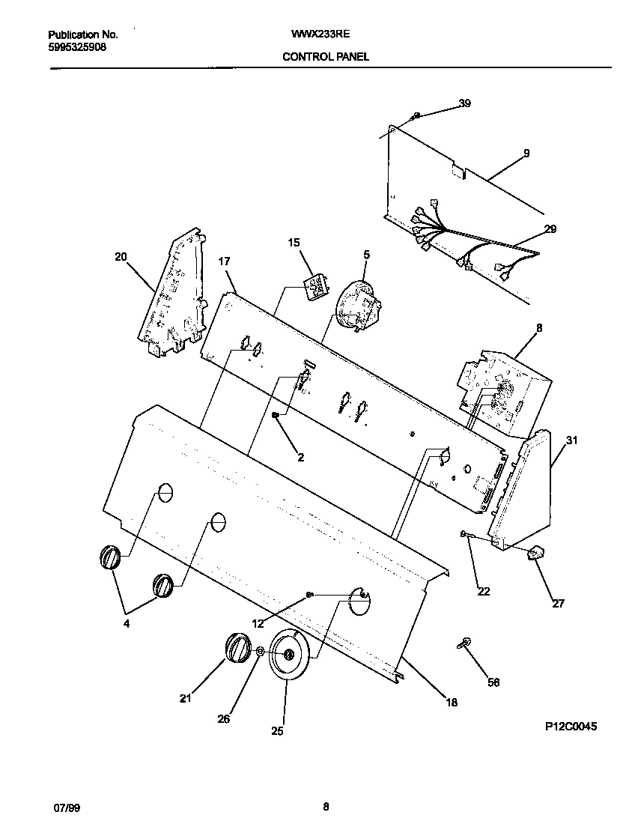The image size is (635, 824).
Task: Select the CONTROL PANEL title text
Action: (325, 56)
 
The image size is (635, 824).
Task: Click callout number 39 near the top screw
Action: (464, 104)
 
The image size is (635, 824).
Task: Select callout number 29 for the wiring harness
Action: (550, 229)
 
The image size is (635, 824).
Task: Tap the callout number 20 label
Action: (121, 257)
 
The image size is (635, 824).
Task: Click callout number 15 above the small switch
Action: (294, 242)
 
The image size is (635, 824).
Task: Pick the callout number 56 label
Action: (493, 682)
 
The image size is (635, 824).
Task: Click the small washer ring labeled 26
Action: (259, 652)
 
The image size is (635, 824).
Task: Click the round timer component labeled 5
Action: (355, 306)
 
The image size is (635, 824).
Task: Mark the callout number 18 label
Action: (452, 702)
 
